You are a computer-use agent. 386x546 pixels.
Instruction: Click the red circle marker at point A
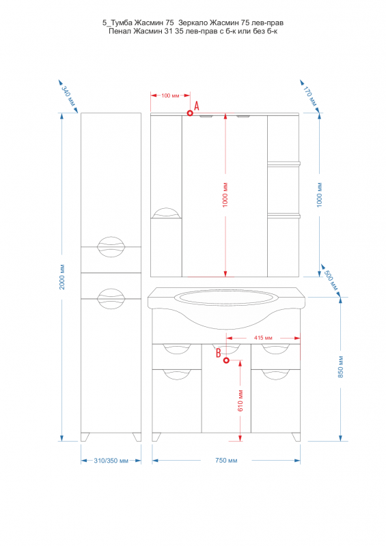pyautogui.click(x=190, y=113)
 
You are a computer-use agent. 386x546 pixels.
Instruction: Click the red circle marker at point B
pyautogui.click(x=226, y=360)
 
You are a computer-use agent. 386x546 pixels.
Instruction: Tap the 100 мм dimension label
pyautogui.click(x=170, y=96)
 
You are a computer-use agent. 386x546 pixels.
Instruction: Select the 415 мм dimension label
pyautogui.click(x=263, y=338)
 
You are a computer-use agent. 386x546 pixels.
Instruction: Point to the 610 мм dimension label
pyautogui.click(x=240, y=401)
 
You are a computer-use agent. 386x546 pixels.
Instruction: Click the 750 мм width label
pyautogui.click(x=226, y=460)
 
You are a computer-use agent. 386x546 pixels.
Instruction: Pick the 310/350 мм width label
pyautogui.click(x=111, y=461)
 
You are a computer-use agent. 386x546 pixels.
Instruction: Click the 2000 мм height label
pyautogui.click(x=62, y=278)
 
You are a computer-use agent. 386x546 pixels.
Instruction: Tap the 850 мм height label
pyautogui.click(x=341, y=367)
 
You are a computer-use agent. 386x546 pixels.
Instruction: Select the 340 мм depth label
pyautogui.click(x=68, y=96)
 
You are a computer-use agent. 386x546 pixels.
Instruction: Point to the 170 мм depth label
pyautogui.click(x=309, y=96)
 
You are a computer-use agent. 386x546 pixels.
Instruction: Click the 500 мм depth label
pyautogui.click(x=331, y=281)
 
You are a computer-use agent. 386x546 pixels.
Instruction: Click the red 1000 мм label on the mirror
pyautogui.click(x=225, y=195)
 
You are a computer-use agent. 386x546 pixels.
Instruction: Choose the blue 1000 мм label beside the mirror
pyautogui.click(x=320, y=195)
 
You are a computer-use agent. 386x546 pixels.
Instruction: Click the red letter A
pyautogui.click(x=197, y=106)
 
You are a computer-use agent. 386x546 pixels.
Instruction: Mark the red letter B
pyautogui.click(x=219, y=353)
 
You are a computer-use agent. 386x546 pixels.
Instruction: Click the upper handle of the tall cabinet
pyautogui.click(x=111, y=246)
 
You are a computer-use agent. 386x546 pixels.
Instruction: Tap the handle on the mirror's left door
pyautogui.click(x=167, y=213)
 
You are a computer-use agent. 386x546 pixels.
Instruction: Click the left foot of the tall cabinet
pyautogui.click(x=85, y=437)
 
